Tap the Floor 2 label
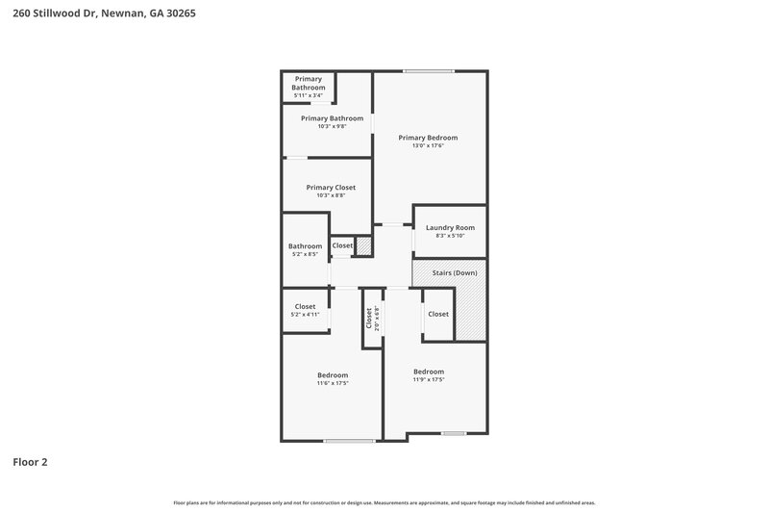pos(30,462)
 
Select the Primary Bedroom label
pos(428,138)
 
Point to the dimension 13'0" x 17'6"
pos(428,146)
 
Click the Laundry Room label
pos(450,227)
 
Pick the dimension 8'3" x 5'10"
pos(450,236)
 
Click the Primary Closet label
pos(331,188)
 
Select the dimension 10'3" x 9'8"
pos(325,126)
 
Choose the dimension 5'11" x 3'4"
pos(308,95)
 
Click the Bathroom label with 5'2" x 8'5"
pos(305,246)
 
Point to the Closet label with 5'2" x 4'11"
pos(305,306)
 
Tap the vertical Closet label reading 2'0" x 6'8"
pos(368,318)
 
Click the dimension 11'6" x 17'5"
pos(333,383)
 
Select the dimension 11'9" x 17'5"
pos(429,379)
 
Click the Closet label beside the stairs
pos(438,314)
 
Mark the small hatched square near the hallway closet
pos(363,245)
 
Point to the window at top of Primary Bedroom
pos(429,70)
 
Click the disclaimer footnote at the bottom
pos(384,502)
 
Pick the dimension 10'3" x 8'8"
pos(331,195)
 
